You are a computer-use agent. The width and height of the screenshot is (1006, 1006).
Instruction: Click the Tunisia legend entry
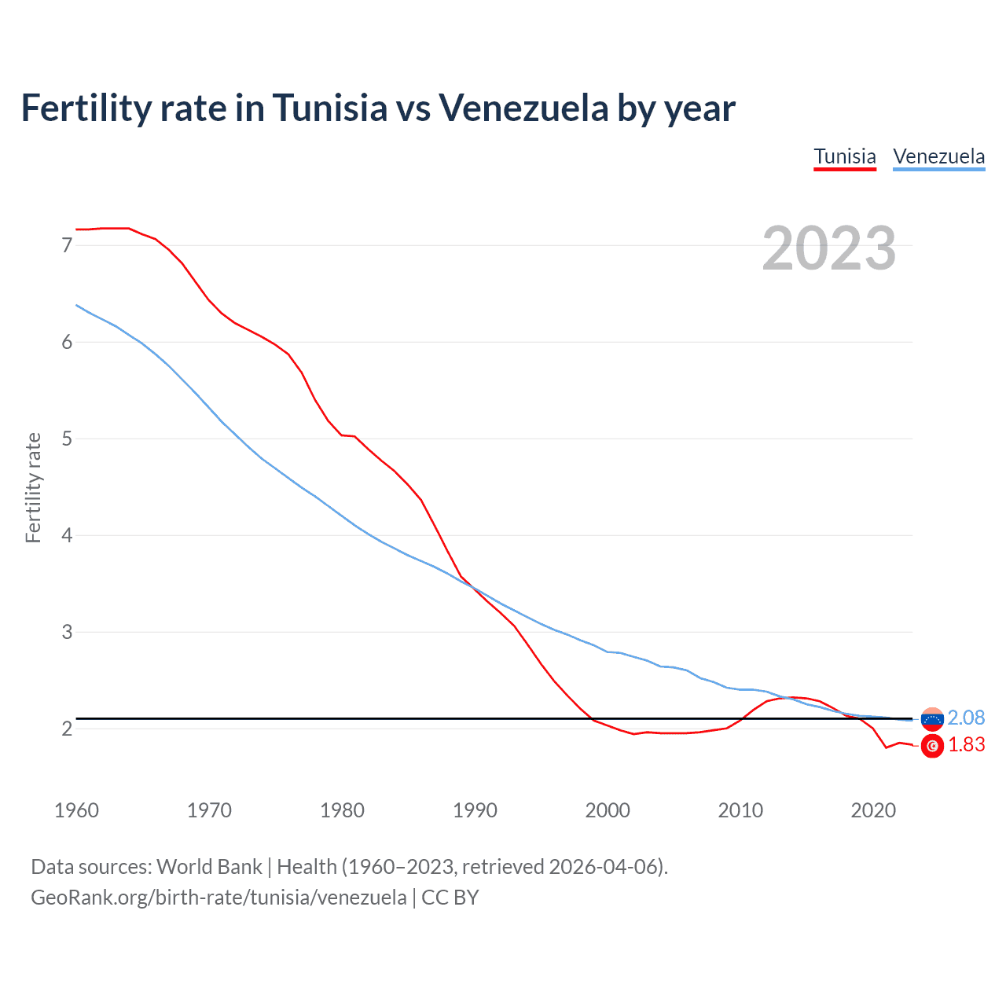pos(845,156)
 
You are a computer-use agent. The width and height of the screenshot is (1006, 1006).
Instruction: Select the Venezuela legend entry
pos(938,156)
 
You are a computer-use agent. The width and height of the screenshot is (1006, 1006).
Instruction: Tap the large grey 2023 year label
pos(829,248)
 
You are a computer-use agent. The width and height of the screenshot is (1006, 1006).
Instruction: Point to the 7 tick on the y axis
pos(67,245)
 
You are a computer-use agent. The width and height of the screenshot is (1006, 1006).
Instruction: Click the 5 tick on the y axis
pos(67,439)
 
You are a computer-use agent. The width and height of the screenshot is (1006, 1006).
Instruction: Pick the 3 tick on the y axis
pos(67,632)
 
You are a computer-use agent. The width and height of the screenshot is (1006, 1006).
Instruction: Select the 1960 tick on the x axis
pos(76,810)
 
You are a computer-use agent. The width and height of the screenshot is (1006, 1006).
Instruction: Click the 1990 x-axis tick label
pos(475,810)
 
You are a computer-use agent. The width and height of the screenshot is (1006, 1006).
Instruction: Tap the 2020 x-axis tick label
pos(873,810)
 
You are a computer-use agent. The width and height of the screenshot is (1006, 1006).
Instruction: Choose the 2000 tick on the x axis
pos(608,810)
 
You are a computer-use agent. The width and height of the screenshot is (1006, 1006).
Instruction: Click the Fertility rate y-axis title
pos(33,487)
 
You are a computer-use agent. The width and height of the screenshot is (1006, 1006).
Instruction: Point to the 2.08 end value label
pos(966,718)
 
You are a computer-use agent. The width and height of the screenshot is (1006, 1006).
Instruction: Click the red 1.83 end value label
pos(966,744)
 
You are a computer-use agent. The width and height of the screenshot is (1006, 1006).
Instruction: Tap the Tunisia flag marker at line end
pos(932,747)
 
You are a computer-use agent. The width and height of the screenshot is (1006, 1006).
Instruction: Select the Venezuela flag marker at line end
pos(932,718)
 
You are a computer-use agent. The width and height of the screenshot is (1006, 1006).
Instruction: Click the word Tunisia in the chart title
pos(330,108)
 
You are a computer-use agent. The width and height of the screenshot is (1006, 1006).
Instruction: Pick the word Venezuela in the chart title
pos(523,108)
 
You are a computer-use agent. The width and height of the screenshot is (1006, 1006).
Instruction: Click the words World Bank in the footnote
pos(209,867)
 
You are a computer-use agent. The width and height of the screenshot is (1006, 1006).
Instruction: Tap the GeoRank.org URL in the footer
pos(218,898)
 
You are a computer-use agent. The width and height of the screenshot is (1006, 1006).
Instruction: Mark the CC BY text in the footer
pos(450,898)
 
